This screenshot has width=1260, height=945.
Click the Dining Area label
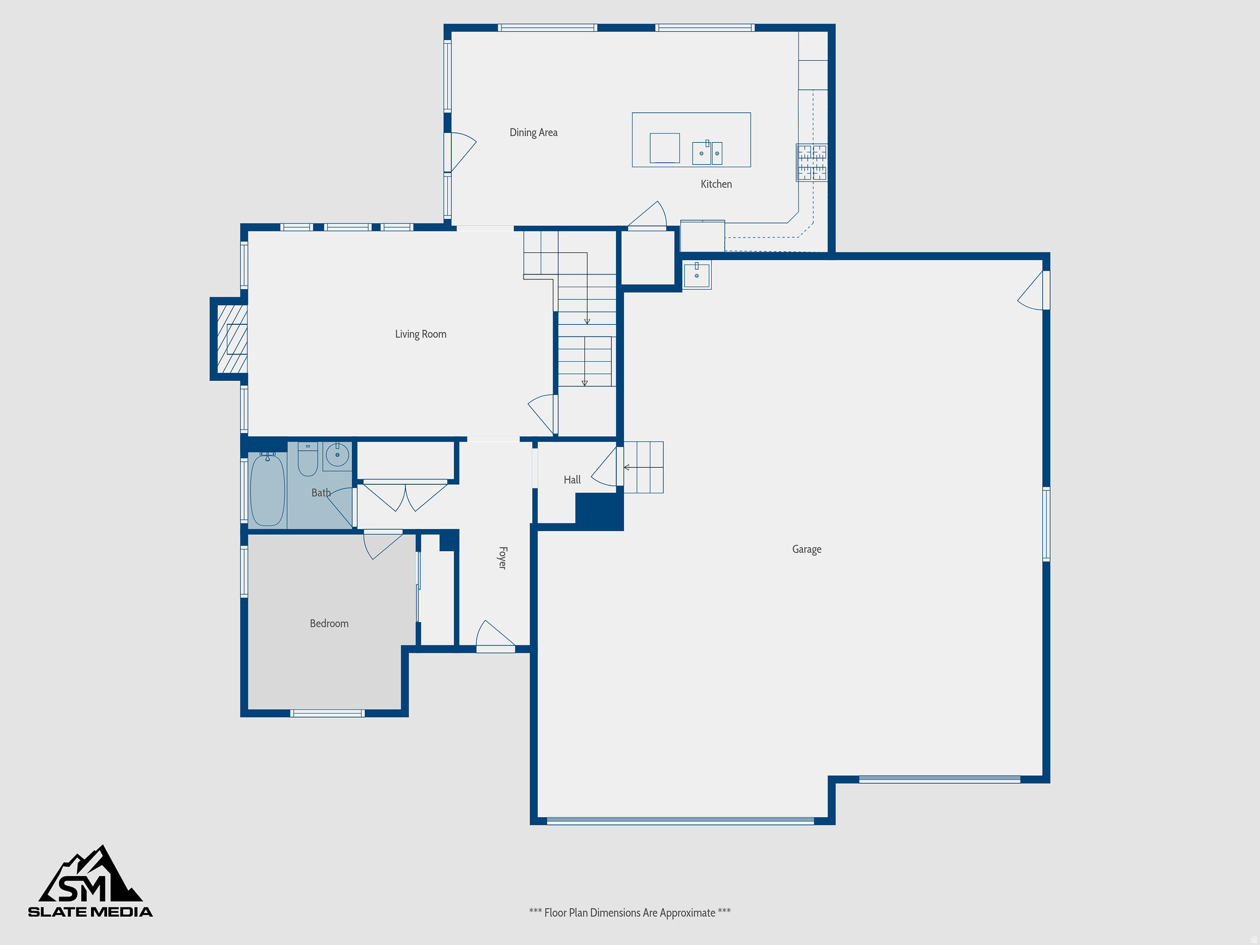click(x=533, y=132)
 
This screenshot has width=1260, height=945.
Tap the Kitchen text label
click(x=716, y=184)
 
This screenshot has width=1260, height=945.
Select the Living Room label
click(x=421, y=334)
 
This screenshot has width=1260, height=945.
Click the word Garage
click(x=807, y=549)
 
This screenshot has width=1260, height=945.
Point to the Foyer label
click(x=502, y=557)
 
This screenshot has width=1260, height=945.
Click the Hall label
click(x=572, y=480)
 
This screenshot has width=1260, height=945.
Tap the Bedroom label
click(x=329, y=623)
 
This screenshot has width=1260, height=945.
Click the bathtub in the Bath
click(x=268, y=490)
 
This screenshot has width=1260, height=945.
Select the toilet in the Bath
click(x=308, y=460)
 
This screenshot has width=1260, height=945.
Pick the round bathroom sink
click(x=337, y=456)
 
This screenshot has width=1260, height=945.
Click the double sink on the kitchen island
click(x=707, y=153)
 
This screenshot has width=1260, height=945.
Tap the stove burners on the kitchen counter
click(x=812, y=162)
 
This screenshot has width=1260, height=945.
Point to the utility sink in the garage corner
click(x=696, y=275)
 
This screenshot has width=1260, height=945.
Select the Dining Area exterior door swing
click(x=461, y=151)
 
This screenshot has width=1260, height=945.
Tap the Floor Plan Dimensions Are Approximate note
click(x=629, y=912)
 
